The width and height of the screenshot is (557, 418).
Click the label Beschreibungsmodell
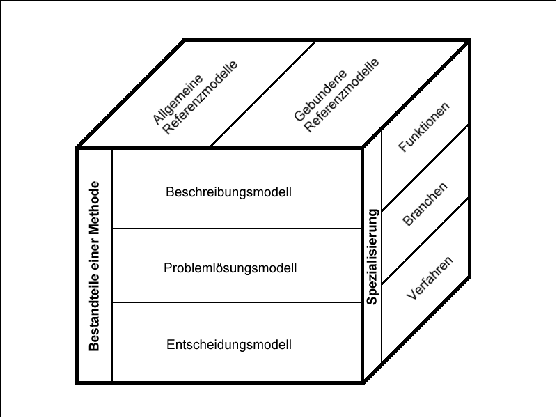point(228,191)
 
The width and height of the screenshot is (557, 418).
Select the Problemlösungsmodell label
point(230,268)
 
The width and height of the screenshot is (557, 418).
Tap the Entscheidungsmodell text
point(229,344)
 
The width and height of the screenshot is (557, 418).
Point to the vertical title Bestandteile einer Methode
point(95,266)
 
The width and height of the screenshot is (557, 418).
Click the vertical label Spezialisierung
point(372,257)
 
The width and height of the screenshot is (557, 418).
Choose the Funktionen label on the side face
point(424,127)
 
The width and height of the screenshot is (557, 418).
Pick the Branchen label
point(425,204)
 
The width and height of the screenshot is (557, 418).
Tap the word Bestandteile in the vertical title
point(95,315)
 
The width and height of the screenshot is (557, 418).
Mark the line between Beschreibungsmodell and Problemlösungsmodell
point(237,228)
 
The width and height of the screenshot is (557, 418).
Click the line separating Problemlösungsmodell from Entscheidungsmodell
point(237,302)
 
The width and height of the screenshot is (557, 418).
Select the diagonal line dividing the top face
point(263,94)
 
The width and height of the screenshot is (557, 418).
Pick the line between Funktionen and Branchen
point(425,167)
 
